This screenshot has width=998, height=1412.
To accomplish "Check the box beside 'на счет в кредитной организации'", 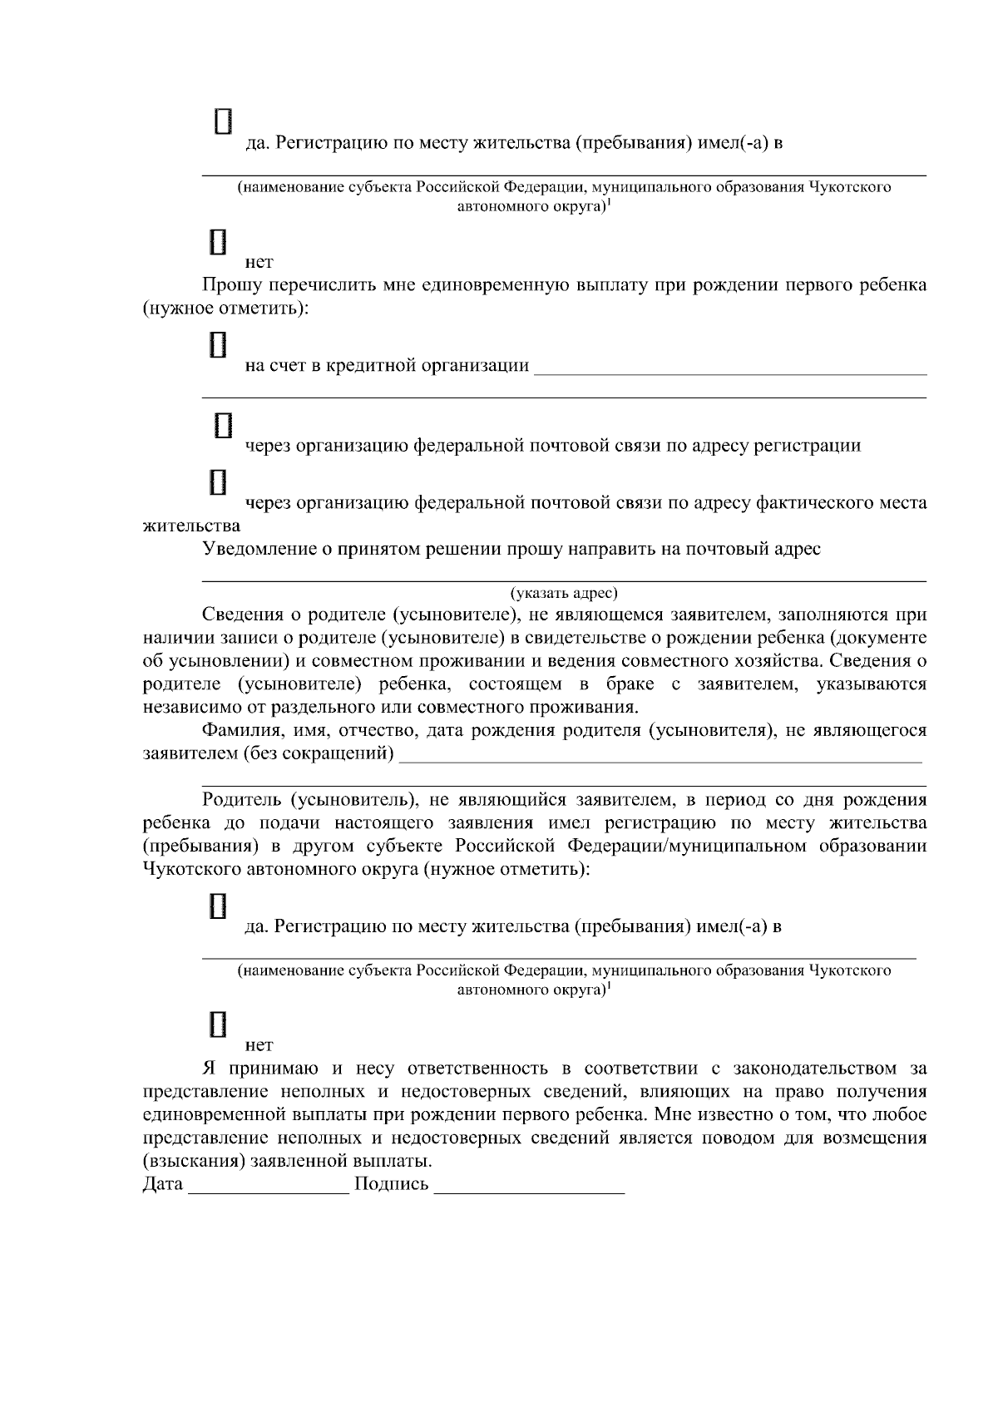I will pyautogui.click(x=219, y=344).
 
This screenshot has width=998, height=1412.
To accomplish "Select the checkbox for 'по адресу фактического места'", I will pyautogui.click(x=219, y=481).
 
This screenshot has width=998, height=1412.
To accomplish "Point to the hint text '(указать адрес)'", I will pyautogui.click(x=564, y=594).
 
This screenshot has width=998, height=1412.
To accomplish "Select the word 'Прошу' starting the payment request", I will pyautogui.click(x=228, y=286).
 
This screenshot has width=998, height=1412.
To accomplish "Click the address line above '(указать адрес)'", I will pyautogui.click(x=564, y=579).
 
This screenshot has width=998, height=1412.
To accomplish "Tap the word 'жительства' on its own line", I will pyautogui.click(x=191, y=526).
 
